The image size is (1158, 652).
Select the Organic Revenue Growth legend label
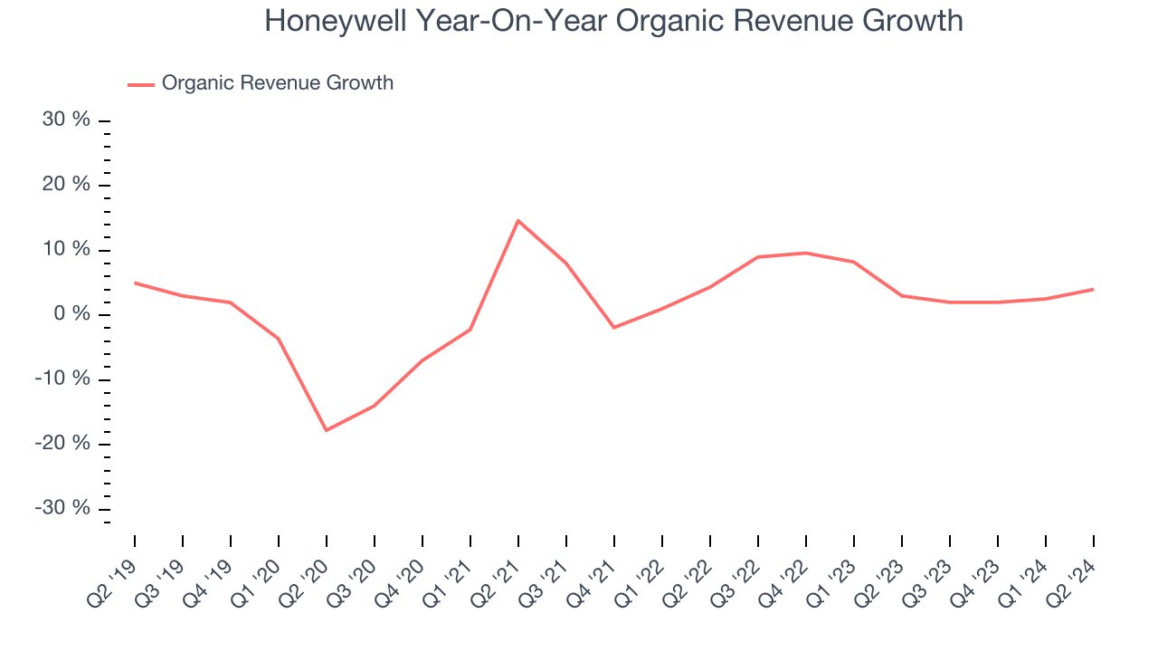[277, 83]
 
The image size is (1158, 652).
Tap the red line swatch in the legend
[141, 84]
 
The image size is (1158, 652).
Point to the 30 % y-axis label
[66, 120]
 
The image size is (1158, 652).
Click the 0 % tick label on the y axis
[72, 314]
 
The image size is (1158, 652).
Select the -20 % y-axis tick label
[62, 443]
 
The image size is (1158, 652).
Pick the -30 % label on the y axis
[62, 508]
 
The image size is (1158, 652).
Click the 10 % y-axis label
[67, 250]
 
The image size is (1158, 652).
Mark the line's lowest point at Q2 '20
[327, 430]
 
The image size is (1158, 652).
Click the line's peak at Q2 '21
[517, 220]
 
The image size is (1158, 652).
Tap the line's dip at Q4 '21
[614, 327]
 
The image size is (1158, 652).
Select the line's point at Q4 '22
[806, 253]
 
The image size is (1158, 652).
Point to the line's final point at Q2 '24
[1093, 289]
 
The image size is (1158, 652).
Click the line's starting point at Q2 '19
[135, 283]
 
